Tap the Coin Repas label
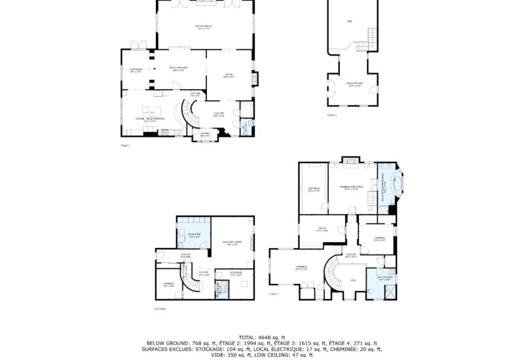136,71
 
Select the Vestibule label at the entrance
205,135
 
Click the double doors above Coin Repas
136,45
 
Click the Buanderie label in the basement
195,234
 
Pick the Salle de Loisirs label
232,243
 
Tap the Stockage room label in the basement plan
236,273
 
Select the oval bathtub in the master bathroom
395,183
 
